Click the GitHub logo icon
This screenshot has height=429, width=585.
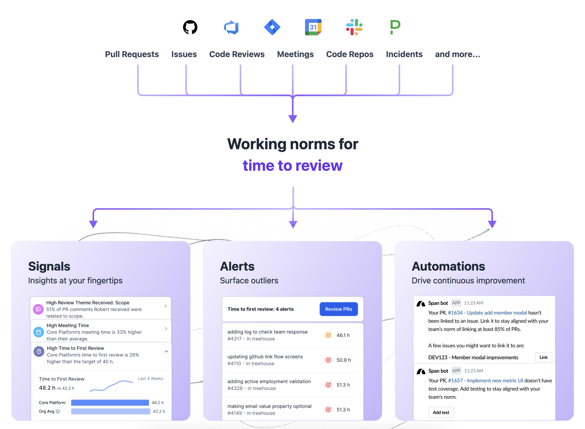pos(190,27)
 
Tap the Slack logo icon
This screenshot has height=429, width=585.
pos(354,27)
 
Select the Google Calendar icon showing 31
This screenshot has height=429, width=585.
pos(313,27)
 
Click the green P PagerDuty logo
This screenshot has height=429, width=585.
pos(395,27)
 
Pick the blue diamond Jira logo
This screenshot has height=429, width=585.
pos(272,27)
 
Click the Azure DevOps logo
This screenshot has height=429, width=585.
pos(231,27)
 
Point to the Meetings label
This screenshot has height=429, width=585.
pos(295,54)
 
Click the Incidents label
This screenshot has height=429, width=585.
pos(404,54)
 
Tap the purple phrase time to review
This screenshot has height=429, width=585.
pos(292,165)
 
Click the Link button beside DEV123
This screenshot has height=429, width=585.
pos(543,357)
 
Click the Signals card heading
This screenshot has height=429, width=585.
pos(49,266)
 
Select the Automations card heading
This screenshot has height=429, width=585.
pos(448,266)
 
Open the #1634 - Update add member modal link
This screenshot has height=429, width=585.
pos(487,313)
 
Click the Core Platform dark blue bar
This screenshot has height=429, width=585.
pos(110,403)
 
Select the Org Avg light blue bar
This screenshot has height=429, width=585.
pos(110,411)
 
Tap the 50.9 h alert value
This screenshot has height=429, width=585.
pos(344,360)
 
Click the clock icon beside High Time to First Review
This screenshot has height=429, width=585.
pos(39,352)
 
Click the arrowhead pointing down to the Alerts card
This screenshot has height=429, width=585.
pos(293,224)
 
